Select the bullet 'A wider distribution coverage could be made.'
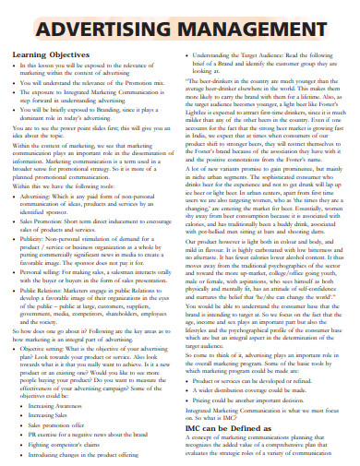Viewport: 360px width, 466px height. tap(268, 364)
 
